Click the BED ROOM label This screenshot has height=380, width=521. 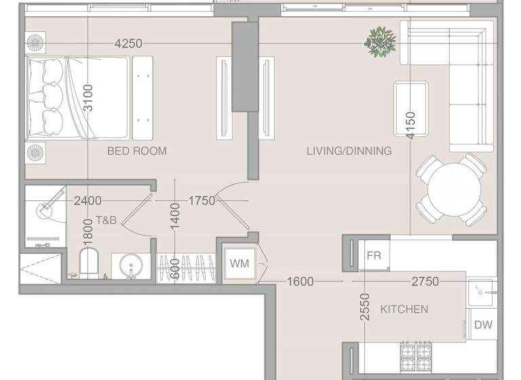[x=136, y=151]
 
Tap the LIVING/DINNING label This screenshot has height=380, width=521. [x=349, y=151]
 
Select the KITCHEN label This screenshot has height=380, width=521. [x=404, y=309]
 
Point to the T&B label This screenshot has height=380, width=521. [x=107, y=221]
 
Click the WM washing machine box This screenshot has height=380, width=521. [x=238, y=263]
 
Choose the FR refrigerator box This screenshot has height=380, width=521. [x=374, y=256]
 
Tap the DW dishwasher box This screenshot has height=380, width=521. [x=483, y=325]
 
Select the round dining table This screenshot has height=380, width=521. [x=450, y=189]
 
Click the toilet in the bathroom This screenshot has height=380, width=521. [x=89, y=263]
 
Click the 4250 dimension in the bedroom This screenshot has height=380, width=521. [x=128, y=43]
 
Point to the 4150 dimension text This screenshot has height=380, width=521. [x=410, y=126]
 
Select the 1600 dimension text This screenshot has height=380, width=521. [x=300, y=281]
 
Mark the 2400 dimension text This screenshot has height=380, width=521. [x=88, y=201]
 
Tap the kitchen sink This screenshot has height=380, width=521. [x=482, y=292]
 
